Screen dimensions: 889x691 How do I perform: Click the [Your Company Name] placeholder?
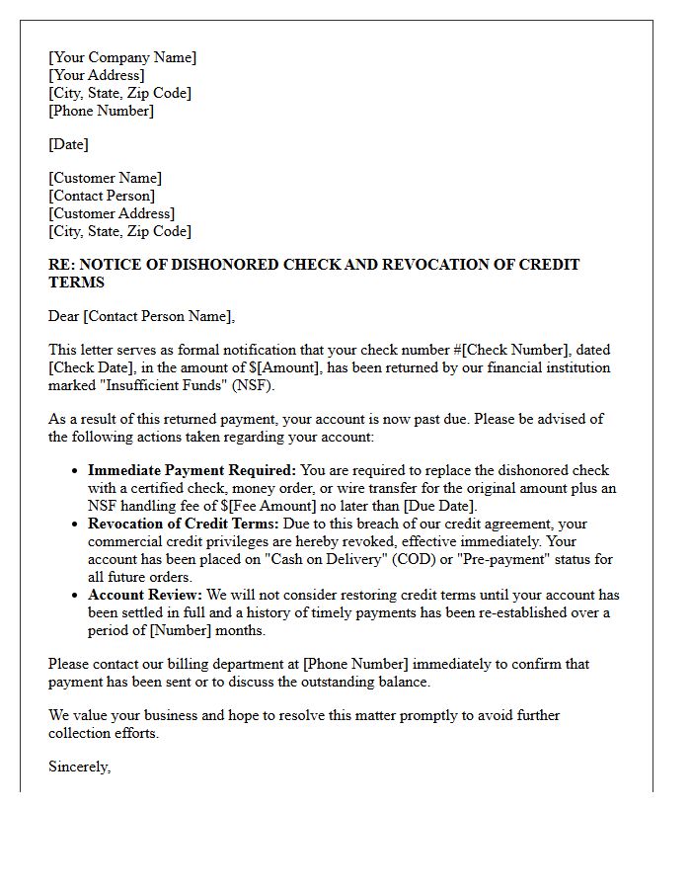coord(122,57)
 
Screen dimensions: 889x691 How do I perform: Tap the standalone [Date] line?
coord(68,144)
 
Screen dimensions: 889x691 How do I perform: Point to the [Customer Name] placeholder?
coord(106,178)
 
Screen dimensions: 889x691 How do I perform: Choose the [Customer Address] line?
coord(112,213)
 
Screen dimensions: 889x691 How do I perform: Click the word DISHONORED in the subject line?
coord(223,265)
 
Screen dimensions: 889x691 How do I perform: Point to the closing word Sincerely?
coord(79,767)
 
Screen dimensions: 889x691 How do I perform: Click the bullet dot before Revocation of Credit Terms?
coord(74,525)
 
